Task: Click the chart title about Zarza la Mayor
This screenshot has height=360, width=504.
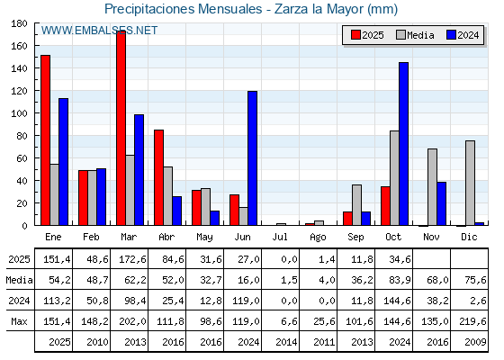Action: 250,9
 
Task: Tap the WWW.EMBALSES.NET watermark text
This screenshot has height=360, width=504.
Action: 99,31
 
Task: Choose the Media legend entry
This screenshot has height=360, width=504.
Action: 414,35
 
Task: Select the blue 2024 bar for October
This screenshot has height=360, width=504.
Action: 404,144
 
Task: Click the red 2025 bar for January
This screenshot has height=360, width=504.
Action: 45,139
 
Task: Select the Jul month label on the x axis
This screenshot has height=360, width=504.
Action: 281,236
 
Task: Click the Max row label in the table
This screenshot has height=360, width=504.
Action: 19,321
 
